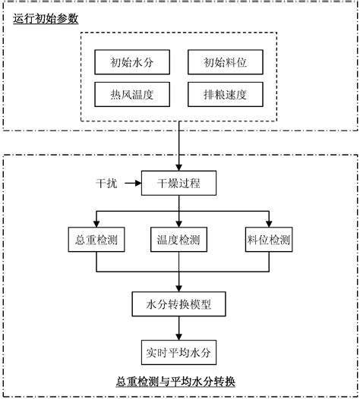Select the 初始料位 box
[x=226, y=61]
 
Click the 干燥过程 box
[x=179, y=183]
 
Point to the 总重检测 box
[x=96, y=240]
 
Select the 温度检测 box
[x=179, y=240]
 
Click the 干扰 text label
[x=106, y=183]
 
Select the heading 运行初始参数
[x=46, y=17]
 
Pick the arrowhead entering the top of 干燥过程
[x=179, y=166]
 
